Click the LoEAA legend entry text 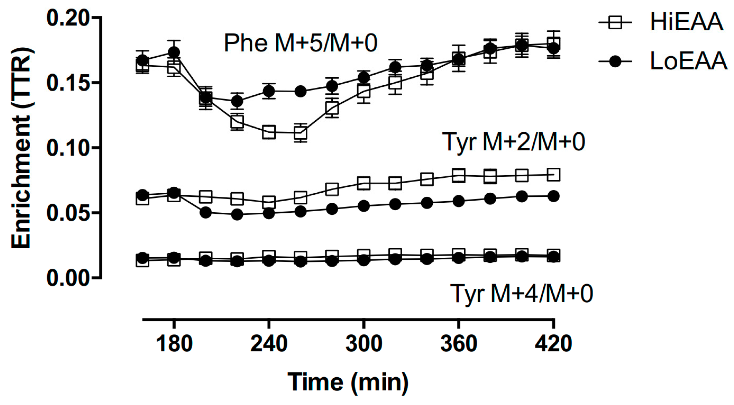[x=688, y=61]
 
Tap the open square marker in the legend [x=615, y=22]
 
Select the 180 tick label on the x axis [x=174, y=344]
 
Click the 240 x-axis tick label [x=269, y=344]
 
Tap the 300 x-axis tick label [x=364, y=344]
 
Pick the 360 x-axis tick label [x=458, y=344]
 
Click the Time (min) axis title [x=348, y=382]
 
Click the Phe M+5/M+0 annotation [x=300, y=43]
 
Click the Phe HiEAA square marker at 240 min [x=269, y=132]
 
